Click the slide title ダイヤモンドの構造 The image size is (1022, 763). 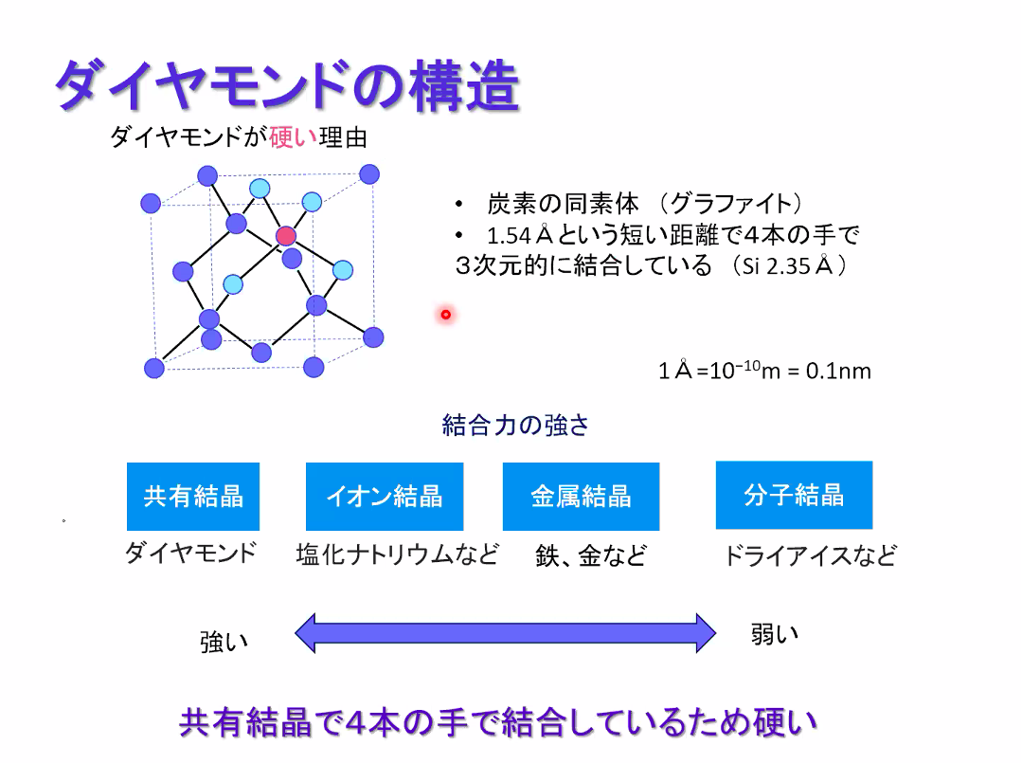[287, 84]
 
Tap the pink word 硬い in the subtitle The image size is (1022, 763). [293, 137]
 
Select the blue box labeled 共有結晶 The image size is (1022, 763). [193, 497]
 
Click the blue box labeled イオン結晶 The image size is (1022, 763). [385, 497]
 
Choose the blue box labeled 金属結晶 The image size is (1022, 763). [581, 497]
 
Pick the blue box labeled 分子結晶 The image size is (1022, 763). [794, 495]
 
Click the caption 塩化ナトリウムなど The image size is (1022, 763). [398, 554]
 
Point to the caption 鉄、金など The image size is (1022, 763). [591, 555]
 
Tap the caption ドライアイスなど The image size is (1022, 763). [810, 555]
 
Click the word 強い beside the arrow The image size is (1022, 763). [224, 643]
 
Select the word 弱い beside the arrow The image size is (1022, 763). [775, 634]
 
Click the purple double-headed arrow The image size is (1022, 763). [505, 632]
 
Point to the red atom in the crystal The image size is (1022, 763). [285, 236]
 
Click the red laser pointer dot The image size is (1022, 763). [446, 315]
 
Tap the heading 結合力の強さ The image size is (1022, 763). [515, 426]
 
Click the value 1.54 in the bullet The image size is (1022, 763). [509, 235]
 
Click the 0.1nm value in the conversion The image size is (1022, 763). [838, 371]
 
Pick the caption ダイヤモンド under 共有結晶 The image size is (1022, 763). [191, 553]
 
